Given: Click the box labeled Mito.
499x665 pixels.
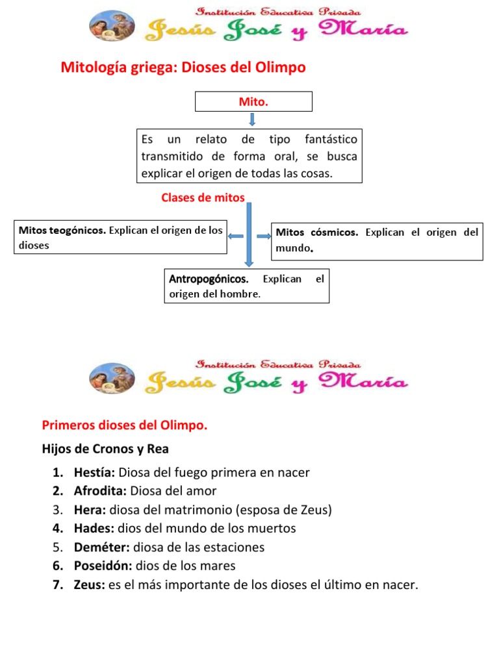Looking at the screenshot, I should click(253, 102).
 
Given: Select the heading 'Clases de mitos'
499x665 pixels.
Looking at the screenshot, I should click(203, 198).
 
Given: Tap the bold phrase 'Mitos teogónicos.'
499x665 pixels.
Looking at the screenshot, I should click(62, 230).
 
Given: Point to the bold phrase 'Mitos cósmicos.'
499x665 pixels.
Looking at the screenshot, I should click(317, 232).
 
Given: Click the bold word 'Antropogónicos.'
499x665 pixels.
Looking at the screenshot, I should click(209, 279).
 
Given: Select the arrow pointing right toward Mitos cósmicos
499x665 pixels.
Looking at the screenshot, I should click(263, 236).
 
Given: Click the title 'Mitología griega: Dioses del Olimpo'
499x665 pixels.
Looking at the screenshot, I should click(183, 68).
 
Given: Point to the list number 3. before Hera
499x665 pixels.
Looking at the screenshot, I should click(58, 510).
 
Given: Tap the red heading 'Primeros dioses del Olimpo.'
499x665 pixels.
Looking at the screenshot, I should click(125, 425).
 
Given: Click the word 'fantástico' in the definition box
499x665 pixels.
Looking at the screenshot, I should click(330, 140).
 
